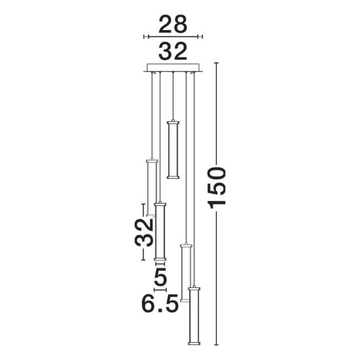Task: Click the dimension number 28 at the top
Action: click(173, 24)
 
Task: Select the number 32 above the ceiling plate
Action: click(173, 52)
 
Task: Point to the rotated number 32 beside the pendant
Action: click(144, 232)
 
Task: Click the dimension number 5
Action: click(160, 276)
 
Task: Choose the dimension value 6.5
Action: click(160, 304)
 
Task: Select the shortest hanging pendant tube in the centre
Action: click(173, 149)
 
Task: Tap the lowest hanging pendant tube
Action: click(194, 315)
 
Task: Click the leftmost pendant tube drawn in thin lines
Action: click(151, 187)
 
